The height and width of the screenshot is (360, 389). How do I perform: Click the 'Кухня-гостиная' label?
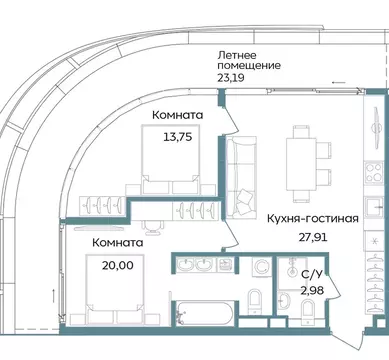(x=313, y=217)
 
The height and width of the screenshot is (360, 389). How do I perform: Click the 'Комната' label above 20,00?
(x=117, y=243)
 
